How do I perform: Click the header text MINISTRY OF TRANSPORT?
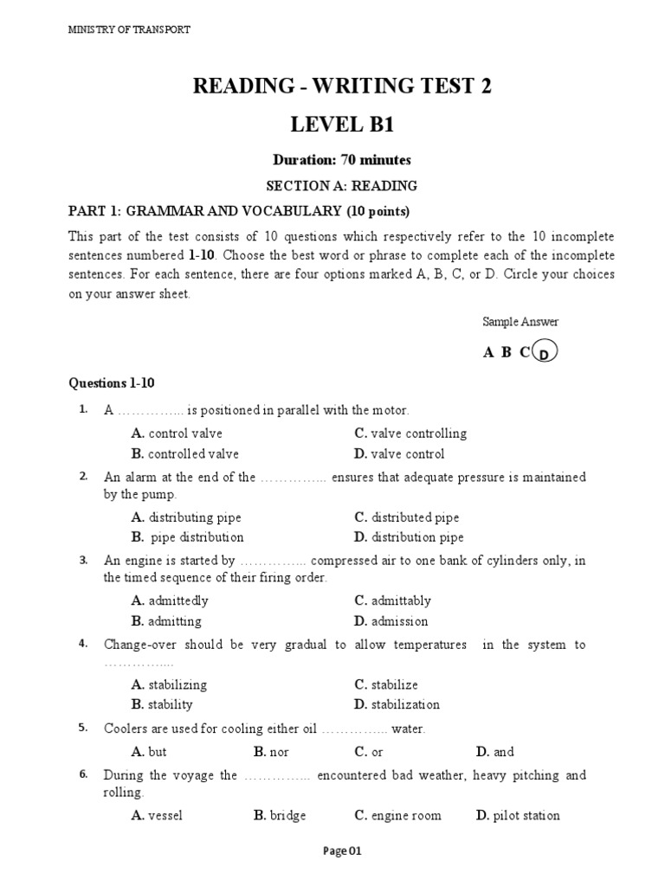pyautogui.click(x=129, y=29)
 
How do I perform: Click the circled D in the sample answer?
pyautogui.click(x=543, y=353)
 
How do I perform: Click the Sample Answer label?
pyautogui.click(x=520, y=322)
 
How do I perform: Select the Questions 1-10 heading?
pyautogui.click(x=111, y=382)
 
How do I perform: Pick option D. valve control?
pyautogui.click(x=399, y=454)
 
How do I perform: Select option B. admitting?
pyautogui.click(x=166, y=621)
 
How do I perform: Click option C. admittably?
pyautogui.click(x=392, y=600)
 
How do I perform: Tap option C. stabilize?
pyautogui.click(x=386, y=684)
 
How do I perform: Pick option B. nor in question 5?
pyautogui.click(x=271, y=752)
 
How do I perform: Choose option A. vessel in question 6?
pyautogui.click(x=157, y=815)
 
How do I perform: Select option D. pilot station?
pyautogui.click(x=518, y=815)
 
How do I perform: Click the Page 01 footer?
pyautogui.click(x=342, y=851)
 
